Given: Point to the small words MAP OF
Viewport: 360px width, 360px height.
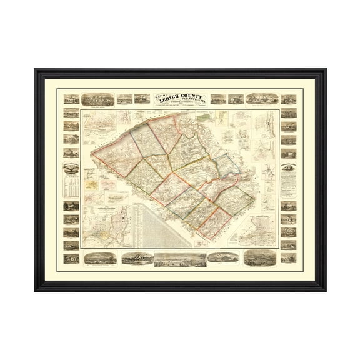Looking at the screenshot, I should pos(159,95).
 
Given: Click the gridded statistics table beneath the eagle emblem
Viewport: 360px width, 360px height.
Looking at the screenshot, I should pos(71,182).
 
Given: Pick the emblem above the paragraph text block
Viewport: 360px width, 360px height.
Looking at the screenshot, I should pos(287,166).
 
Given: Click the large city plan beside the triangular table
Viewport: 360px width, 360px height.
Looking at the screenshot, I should pos(105,231).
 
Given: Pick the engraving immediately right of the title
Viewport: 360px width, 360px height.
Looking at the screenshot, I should pos(218,98).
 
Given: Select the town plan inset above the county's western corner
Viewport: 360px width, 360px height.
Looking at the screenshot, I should pos(99,127).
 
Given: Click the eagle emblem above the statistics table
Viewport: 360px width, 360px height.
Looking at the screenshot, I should pos(71,167).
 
